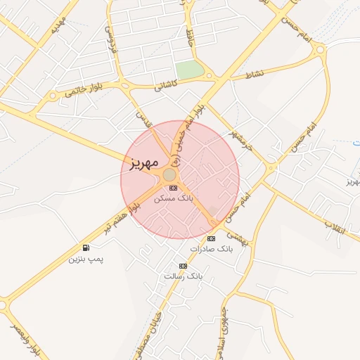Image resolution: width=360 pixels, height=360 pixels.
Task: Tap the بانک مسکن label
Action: (173, 198)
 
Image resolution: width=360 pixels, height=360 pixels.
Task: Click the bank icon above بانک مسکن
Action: (174, 187)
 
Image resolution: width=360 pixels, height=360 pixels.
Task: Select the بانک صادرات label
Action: (210, 249)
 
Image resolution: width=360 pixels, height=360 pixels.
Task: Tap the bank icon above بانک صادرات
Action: (211, 238)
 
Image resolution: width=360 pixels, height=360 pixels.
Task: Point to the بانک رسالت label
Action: (183, 276)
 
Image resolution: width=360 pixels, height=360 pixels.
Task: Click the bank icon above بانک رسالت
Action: (183, 266)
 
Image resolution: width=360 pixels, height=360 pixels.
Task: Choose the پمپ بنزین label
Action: (85, 259)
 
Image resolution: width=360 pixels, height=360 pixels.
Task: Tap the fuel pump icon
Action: (86, 247)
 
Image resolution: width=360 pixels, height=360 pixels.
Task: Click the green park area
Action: (188, 70)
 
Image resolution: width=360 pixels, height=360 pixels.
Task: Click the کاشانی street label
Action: (167, 84)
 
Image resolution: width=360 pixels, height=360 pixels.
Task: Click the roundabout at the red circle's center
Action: (169, 174)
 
